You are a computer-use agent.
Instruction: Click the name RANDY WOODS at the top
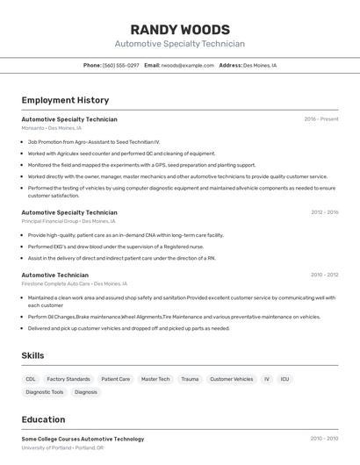click(180, 29)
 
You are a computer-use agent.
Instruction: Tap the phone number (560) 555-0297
click(120, 65)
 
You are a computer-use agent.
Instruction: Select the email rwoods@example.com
click(187, 65)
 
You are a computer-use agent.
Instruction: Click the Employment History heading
click(65, 100)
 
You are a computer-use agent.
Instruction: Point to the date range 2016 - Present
click(320, 119)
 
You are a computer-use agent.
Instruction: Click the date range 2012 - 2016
click(324, 212)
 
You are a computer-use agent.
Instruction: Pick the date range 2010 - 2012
click(324, 275)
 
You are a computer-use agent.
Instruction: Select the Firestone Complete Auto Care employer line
click(74, 284)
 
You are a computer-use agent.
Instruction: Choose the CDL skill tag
click(31, 379)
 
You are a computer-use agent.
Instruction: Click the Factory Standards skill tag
click(68, 379)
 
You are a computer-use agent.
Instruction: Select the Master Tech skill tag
click(155, 379)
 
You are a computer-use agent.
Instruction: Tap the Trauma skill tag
click(190, 379)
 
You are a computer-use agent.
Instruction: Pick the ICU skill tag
click(284, 379)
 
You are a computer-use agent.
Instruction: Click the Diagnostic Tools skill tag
click(45, 392)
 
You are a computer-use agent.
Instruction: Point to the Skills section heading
click(32, 355)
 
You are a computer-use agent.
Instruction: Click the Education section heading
click(43, 419)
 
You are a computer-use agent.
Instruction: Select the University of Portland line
click(62, 447)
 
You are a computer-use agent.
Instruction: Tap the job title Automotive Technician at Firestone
click(54, 275)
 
